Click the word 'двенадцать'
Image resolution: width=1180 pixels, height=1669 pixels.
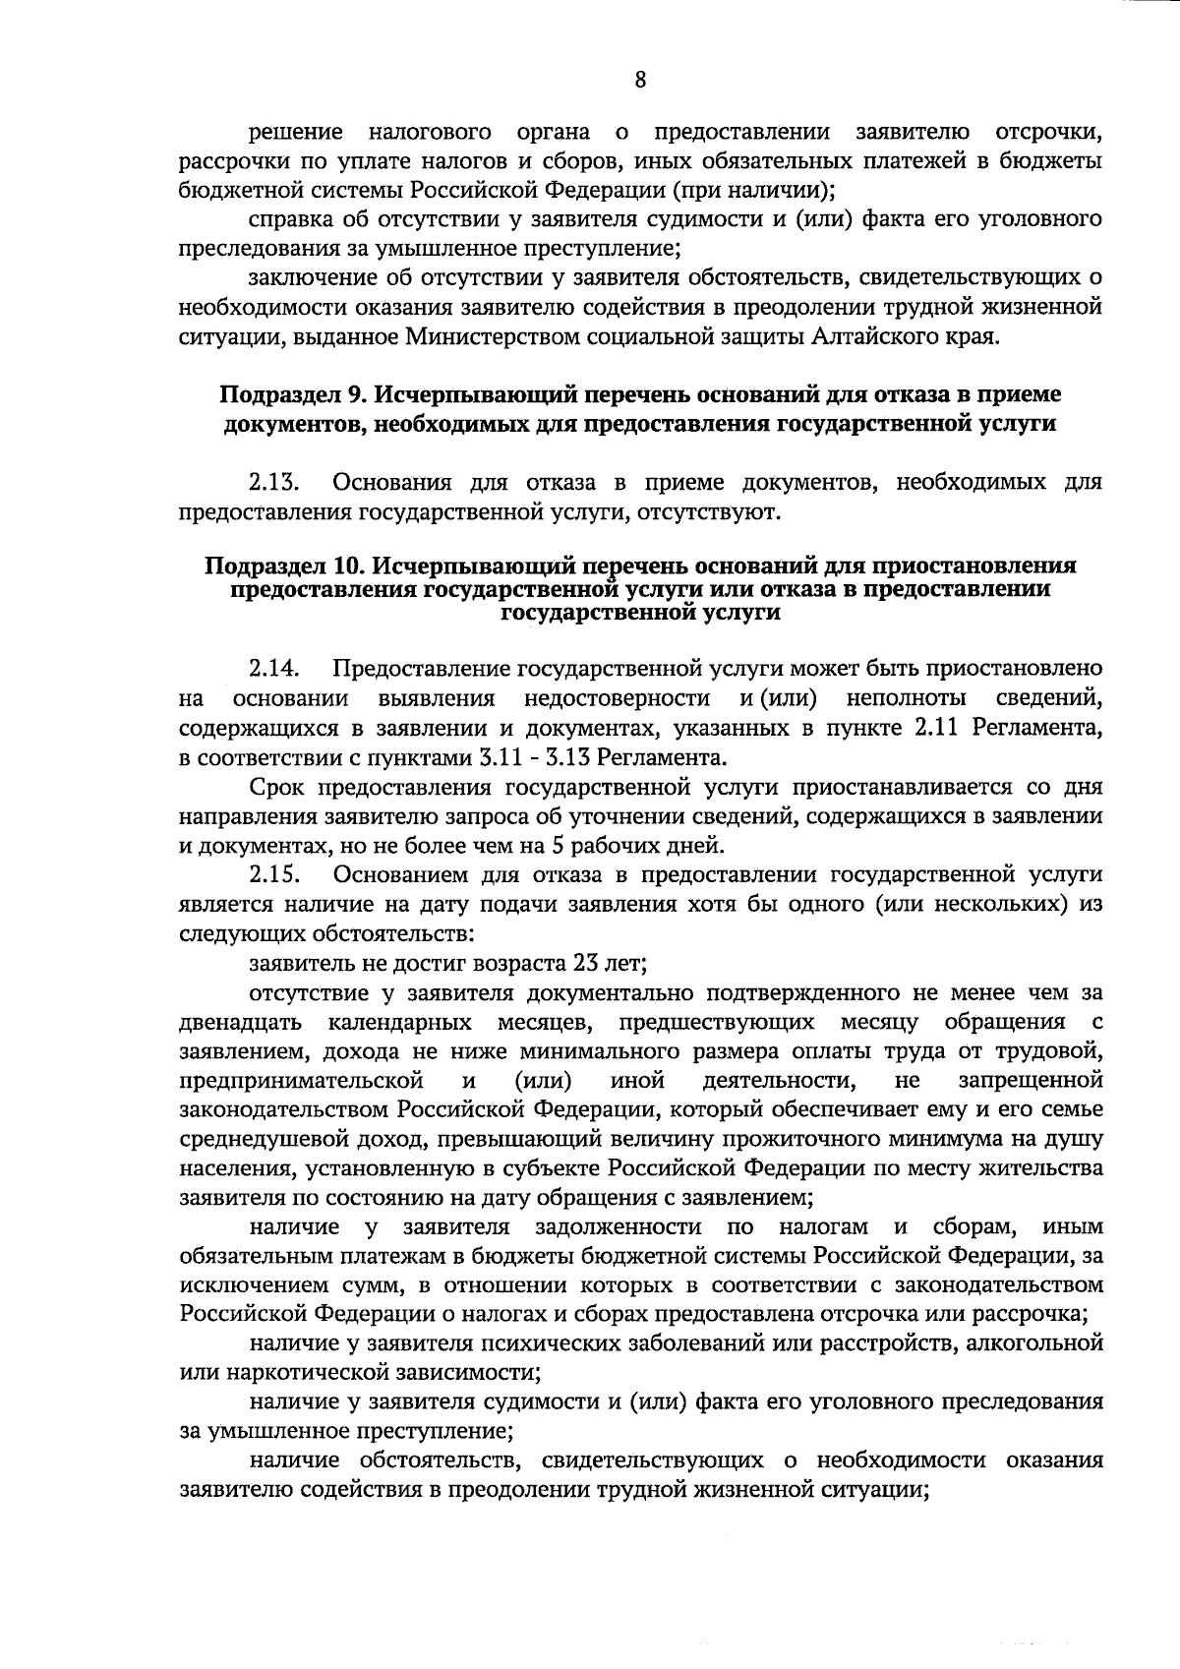click(x=240, y=1021)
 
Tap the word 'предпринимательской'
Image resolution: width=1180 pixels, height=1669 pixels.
click(x=302, y=1081)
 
